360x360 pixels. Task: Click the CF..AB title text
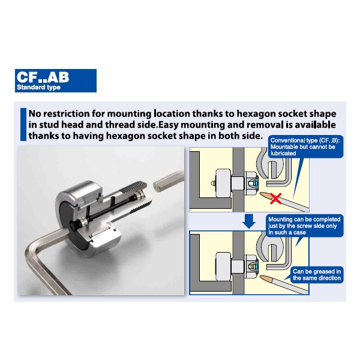(x=43, y=77)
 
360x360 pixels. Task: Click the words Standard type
(x=38, y=87)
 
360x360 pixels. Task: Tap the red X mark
(x=275, y=199)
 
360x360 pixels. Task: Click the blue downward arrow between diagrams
(x=249, y=221)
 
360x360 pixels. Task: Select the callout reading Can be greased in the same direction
(x=317, y=275)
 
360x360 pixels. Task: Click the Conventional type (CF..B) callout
(x=305, y=147)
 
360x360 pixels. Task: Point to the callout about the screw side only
(x=304, y=226)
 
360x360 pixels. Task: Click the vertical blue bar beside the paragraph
(x=23, y=124)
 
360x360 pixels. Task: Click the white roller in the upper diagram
(x=223, y=183)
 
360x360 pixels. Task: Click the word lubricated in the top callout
(x=283, y=154)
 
